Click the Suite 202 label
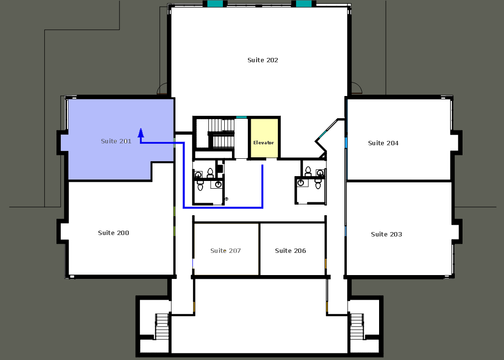tap(262, 60)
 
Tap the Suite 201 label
tap(116, 141)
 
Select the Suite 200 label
tap(113, 233)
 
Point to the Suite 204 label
tap(383, 143)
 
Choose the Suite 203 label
tap(386, 235)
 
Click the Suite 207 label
tap(225, 251)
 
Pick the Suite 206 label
tap(290, 251)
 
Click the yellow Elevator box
tap(264, 138)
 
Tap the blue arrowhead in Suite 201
tap(141, 133)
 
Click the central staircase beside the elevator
tap(221, 133)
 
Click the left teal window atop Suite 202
tap(215, 3)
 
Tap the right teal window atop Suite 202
tap(304, 3)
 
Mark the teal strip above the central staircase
tap(242, 117)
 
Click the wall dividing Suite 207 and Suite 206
tap(259, 249)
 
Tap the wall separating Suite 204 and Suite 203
tap(399, 181)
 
